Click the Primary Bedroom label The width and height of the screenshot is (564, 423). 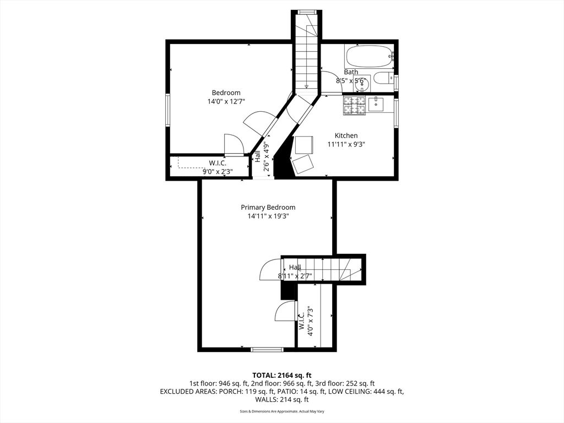tap(268, 207)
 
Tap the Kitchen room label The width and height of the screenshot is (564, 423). tap(346, 135)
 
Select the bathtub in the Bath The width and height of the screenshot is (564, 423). tap(368, 56)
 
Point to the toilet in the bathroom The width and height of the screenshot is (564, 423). tap(383, 78)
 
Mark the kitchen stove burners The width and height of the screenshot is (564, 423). tap(355, 105)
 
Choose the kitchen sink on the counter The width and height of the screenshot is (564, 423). tap(378, 103)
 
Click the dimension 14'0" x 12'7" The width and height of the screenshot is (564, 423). tap(226, 101)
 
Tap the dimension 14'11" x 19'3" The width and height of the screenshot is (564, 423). tap(268, 216)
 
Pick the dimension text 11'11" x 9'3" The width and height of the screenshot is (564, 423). tap(346, 144)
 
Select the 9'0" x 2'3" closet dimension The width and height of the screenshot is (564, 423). tap(218, 171)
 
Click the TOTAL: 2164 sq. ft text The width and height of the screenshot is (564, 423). tap(281, 375)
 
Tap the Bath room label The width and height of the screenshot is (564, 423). tap(351, 72)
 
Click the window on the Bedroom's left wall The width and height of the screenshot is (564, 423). tap(167, 110)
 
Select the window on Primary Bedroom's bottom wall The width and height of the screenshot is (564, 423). tap(267, 349)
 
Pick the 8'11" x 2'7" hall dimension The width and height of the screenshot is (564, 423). tap(295, 276)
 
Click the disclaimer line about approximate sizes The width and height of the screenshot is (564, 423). tap(281, 411)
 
